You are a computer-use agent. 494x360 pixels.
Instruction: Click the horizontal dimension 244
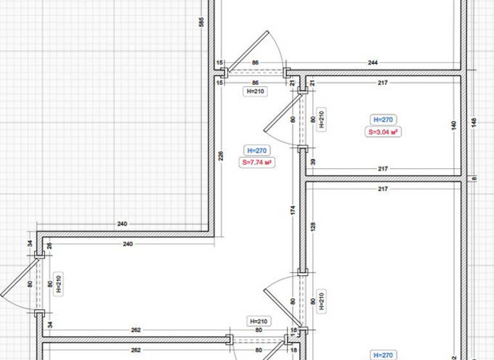coord(373,63)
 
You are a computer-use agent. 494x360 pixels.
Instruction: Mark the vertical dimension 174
coord(293,210)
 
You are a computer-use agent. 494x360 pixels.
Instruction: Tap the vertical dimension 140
coord(454,125)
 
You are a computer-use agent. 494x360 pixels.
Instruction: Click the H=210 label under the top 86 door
coord(256,91)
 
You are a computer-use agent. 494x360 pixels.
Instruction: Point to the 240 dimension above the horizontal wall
coord(122,224)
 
